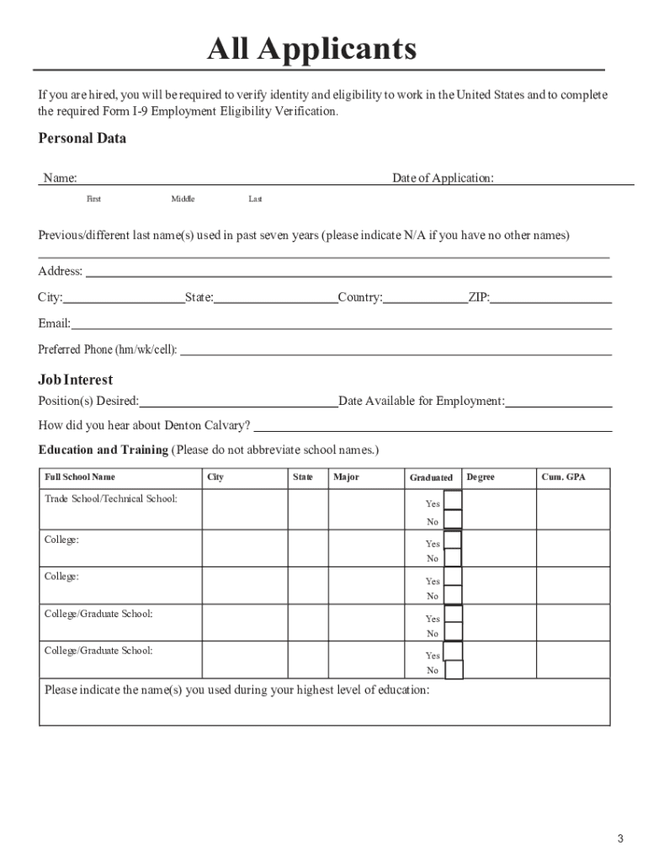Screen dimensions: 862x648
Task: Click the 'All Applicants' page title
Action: pyautogui.click(x=312, y=50)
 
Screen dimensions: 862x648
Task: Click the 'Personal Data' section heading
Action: pyautogui.click(x=82, y=139)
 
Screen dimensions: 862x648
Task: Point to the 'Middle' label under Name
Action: pyautogui.click(x=183, y=199)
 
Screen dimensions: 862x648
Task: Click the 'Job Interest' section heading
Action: pyautogui.click(x=76, y=380)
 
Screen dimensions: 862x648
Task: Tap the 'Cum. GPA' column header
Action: pyautogui.click(x=563, y=477)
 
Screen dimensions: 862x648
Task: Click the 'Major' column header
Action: pyautogui.click(x=346, y=477)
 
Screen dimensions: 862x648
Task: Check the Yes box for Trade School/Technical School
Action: pyautogui.click(x=453, y=500)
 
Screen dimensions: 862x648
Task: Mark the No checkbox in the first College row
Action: pyautogui.click(x=453, y=557)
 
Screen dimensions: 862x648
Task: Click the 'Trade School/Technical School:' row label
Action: pyautogui.click(x=111, y=499)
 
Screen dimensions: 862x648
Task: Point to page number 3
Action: pyautogui.click(x=619, y=838)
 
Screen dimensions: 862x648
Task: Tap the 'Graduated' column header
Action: pyautogui.click(x=431, y=477)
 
